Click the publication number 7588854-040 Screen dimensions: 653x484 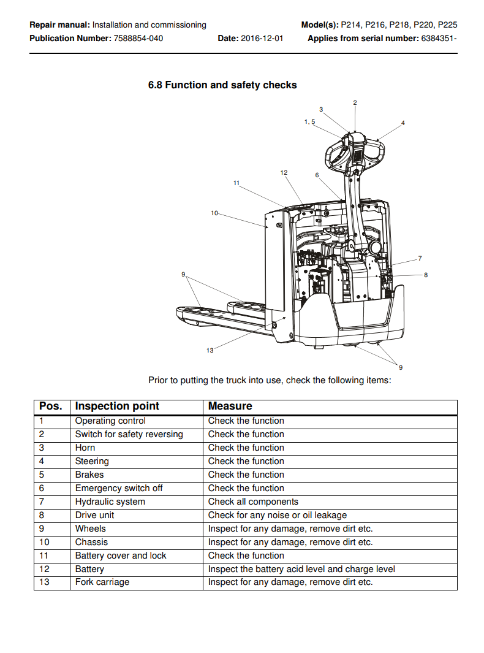coord(138,38)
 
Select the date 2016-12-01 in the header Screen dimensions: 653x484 coord(262,38)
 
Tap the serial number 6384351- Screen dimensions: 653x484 coord(439,38)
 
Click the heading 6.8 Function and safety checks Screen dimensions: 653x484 coord(222,85)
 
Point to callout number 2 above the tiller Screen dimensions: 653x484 coord(355,103)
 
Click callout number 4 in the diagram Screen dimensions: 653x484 coord(403,123)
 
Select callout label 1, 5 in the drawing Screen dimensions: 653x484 coord(309,122)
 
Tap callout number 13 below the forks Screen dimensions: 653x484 coord(210,350)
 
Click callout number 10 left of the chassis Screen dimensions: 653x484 coord(214,213)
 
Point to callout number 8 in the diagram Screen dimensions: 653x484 coord(426,275)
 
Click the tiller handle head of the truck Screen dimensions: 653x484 coord(357,152)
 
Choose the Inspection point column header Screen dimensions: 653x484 coord(117,406)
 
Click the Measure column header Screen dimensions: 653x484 coord(230,406)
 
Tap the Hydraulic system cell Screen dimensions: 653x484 coord(110,502)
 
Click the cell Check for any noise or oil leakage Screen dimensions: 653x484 coord(278,515)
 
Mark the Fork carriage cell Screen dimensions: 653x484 coord(102,582)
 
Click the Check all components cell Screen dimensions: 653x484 coord(253,502)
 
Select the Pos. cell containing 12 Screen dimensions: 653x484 coord(45,569)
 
